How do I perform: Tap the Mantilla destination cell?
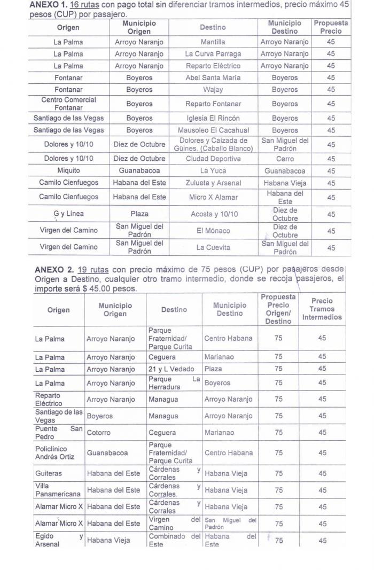[x=213, y=41]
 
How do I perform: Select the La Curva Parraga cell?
[x=213, y=53]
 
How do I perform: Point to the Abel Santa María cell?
[x=213, y=77]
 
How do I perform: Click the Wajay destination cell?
[x=213, y=89]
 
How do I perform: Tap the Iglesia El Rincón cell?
[x=213, y=118]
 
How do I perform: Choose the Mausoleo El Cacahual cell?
[x=213, y=130]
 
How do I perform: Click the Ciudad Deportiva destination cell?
[x=213, y=159]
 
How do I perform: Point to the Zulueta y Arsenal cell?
[x=213, y=183]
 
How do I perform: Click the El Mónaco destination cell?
[x=213, y=231]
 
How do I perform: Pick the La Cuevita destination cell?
[x=213, y=247]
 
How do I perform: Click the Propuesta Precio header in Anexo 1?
[x=331, y=27]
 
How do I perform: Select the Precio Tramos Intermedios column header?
[x=322, y=309]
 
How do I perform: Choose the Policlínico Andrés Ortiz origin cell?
[x=58, y=452]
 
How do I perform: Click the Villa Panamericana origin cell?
[x=58, y=490]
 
